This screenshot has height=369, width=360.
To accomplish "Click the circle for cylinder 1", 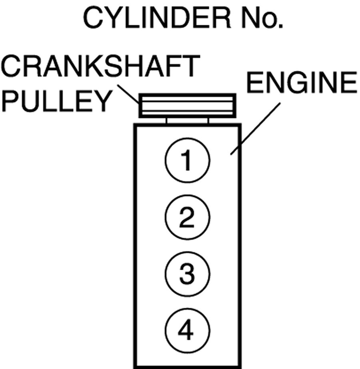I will pos(187,161).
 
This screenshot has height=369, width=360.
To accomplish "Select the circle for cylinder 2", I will pos(187,218).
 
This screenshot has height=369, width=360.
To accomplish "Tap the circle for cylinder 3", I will pos(187,274).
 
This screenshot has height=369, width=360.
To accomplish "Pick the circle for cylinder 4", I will pos(187,331).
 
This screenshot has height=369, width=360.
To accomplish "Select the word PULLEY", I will pos(56,102).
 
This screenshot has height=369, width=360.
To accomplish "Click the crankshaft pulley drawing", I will pos(187,105).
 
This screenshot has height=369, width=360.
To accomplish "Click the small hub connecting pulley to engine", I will pos(187,120).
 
